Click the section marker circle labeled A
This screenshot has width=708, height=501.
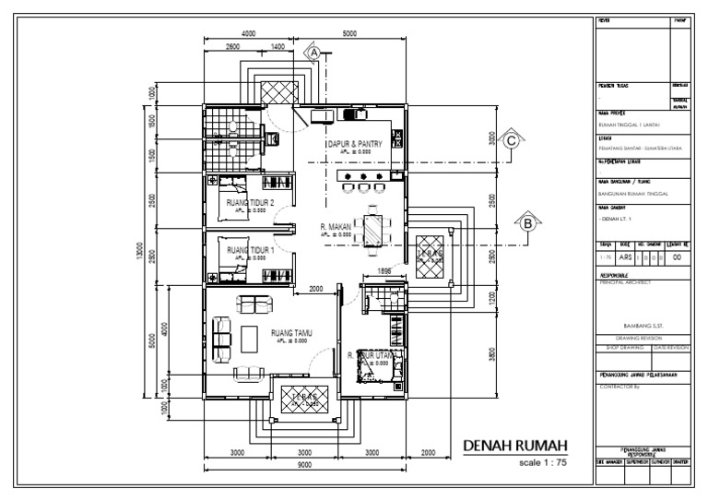[x=313, y=54]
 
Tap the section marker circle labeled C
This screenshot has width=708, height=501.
[x=509, y=141]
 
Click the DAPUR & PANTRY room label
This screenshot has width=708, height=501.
[x=354, y=145]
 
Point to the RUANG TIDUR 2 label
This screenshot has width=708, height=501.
[x=250, y=201]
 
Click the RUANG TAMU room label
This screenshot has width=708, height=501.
[x=291, y=333]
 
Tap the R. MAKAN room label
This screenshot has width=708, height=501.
[x=337, y=226]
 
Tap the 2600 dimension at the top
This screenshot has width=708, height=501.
[x=232, y=45]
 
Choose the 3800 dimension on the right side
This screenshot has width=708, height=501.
[x=493, y=352]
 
